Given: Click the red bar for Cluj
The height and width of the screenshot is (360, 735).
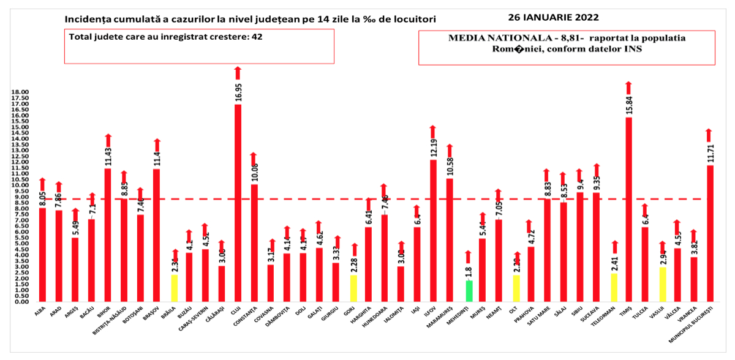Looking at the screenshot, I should coord(238,202).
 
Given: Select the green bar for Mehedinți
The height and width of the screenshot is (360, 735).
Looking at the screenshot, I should coord(469,291).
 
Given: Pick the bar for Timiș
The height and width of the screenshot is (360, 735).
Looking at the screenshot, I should coord(628,208).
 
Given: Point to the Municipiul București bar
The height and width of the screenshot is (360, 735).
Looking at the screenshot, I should coord(710,233).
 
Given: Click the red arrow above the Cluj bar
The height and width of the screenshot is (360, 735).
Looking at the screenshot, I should coord(238,72).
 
